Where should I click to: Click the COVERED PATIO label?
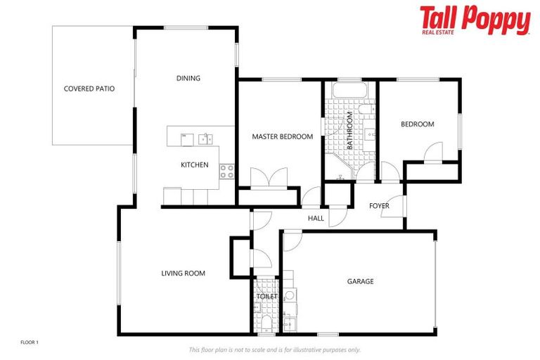pos(89,89)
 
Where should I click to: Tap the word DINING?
pos(188,78)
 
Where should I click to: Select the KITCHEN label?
pos(195,165)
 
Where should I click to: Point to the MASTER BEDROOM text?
pos(282,136)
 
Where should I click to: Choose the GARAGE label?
pos(360,281)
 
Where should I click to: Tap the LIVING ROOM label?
pos(183,273)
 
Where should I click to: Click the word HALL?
pos(316,219)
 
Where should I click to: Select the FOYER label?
pos(379,205)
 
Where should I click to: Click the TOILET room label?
pos(266,296)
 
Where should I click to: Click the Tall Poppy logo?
pos(475,20)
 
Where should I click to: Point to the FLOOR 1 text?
pos(29,342)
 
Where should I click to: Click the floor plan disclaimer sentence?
pos(274,349)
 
